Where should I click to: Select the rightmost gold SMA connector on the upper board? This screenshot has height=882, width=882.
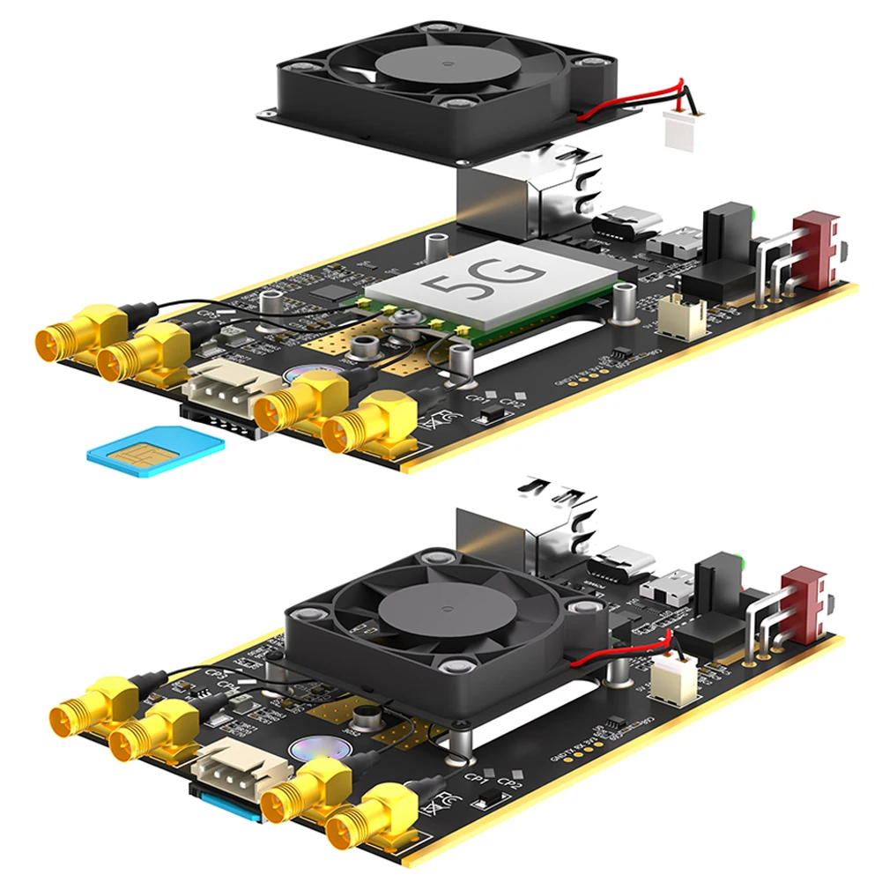click(369, 427)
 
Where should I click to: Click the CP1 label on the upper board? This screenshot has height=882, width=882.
click(475, 399)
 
